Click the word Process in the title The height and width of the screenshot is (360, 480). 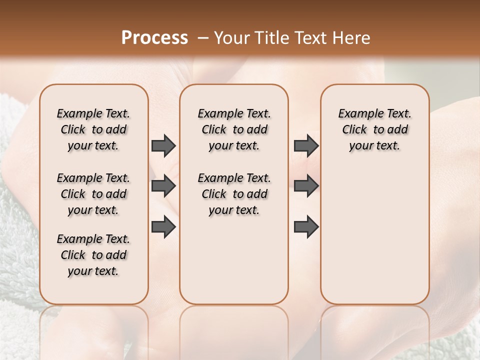pyautogui.click(x=154, y=38)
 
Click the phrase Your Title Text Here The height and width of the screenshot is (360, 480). pyautogui.click(x=292, y=38)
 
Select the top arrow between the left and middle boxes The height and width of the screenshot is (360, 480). pyautogui.click(x=163, y=145)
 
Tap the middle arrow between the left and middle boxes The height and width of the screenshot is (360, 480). pyautogui.click(x=163, y=186)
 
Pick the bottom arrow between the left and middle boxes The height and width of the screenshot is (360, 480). pyautogui.click(x=163, y=226)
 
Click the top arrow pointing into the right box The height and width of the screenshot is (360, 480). pyautogui.click(x=306, y=145)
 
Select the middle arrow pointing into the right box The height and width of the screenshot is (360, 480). pyautogui.click(x=306, y=186)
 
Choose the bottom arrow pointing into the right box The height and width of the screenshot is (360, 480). pyautogui.click(x=306, y=226)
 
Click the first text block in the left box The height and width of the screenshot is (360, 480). pyautogui.click(x=93, y=129)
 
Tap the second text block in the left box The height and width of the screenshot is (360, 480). pyautogui.click(x=93, y=194)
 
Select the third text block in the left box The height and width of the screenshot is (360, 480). pyautogui.click(x=93, y=255)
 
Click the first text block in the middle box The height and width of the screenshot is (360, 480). pyautogui.click(x=234, y=129)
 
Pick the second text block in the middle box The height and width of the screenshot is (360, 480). pyautogui.click(x=234, y=194)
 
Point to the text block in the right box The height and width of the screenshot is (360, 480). pyautogui.click(x=374, y=129)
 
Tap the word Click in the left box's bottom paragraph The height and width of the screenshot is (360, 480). pyautogui.click(x=73, y=255)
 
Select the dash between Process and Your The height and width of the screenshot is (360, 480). pyautogui.click(x=203, y=38)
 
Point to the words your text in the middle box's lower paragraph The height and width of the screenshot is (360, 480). pyautogui.click(x=234, y=210)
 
